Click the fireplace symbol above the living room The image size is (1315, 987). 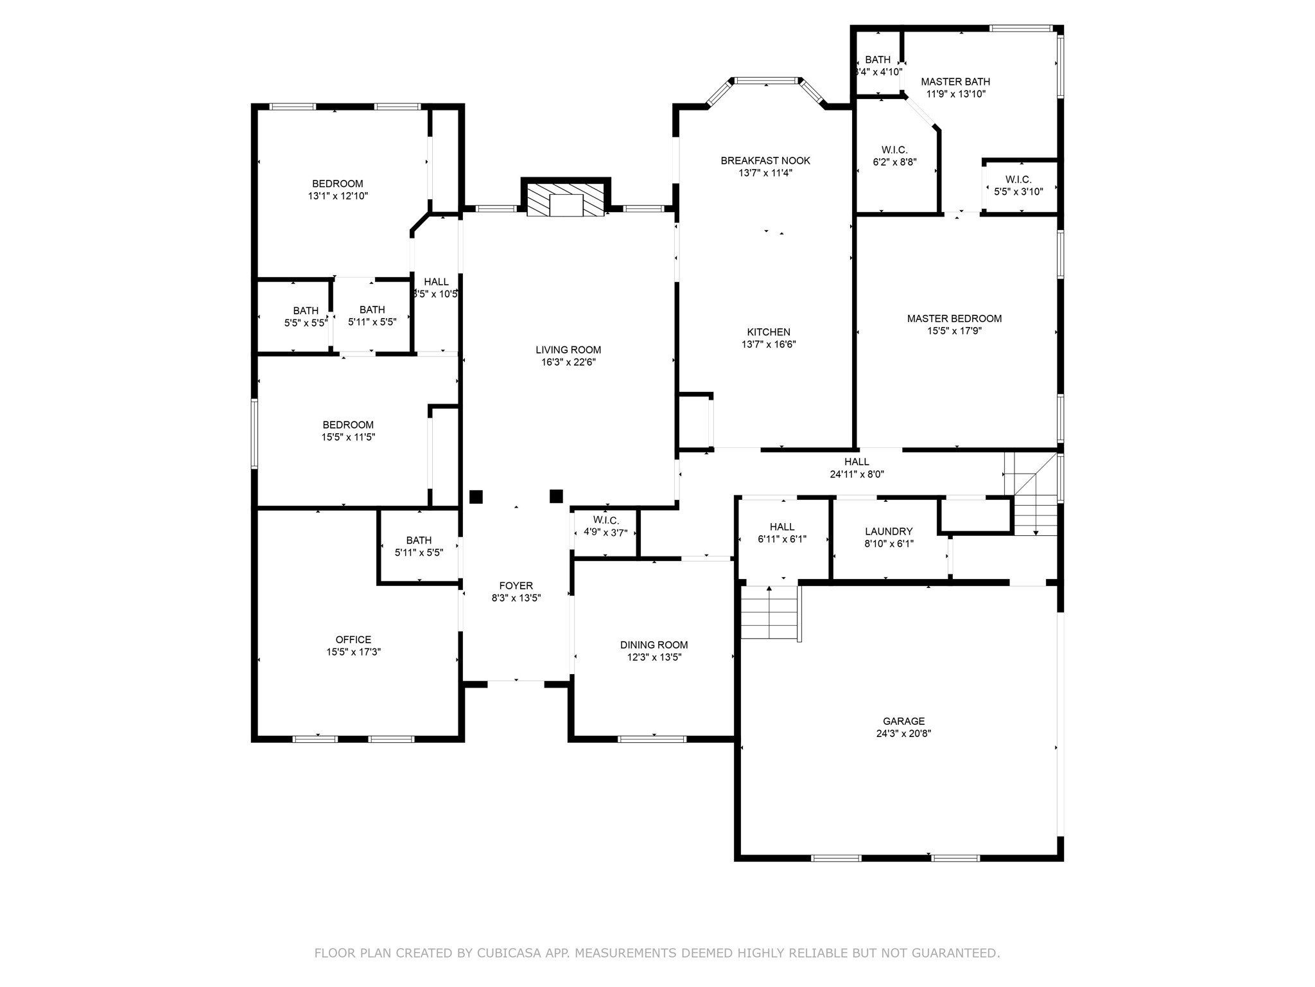(x=566, y=200)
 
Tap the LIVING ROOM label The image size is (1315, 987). (x=568, y=350)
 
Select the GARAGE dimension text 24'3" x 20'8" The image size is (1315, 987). (x=903, y=733)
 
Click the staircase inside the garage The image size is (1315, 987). (x=770, y=613)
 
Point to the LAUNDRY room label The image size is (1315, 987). (x=889, y=531)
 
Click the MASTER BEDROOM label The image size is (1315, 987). (x=954, y=319)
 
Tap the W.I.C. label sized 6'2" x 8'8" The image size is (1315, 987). (x=894, y=150)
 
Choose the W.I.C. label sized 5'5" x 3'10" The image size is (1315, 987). (x=1018, y=180)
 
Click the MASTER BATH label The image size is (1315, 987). (x=955, y=82)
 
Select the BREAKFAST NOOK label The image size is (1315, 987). (x=765, y=161)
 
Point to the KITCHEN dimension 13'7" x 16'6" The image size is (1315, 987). (x=769, y=344)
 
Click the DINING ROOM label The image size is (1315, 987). (x=654, y=645)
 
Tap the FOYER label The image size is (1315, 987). (x=516, y=586)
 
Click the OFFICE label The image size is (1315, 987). (x=353, y=640)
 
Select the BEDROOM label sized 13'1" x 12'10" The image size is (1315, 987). (x=338, y=184)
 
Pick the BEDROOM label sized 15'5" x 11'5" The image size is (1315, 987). (x=348, y=425)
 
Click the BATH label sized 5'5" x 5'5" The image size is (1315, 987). (x=306, y=311)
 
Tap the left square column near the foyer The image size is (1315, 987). (x=476, y=497)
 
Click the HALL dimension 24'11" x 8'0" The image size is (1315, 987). (x=857, y=474)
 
